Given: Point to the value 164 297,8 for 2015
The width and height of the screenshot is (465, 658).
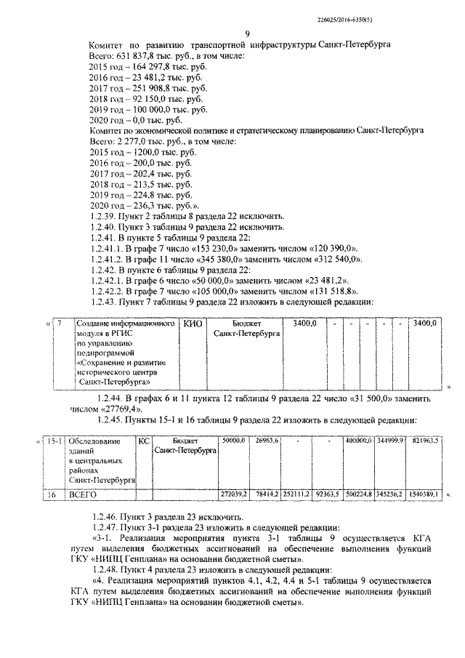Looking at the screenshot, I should tap(144, 65).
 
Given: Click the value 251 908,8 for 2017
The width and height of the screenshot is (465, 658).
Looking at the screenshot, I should tap(144, 87).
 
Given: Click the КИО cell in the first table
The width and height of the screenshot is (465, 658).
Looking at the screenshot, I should tap(193, 323).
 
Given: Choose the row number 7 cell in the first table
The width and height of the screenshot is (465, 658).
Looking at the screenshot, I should tap(61, 323).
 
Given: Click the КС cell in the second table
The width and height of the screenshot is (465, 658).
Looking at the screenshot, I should tap(144, 441).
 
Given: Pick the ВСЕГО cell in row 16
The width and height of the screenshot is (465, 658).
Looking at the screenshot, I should tap(82, 494).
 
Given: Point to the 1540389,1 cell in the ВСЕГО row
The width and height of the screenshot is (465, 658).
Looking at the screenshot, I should tap(425, 494).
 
